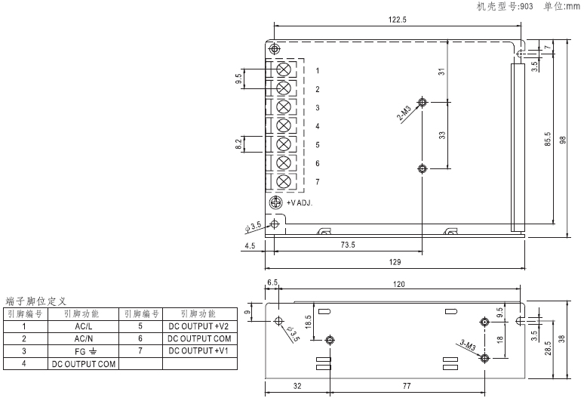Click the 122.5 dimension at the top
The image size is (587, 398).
pyautogui.click(x=397, y=20)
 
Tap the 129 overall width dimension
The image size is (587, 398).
pyautogui.click(x=395, y=262)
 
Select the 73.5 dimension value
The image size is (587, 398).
pyautogui.click(x=348, y=245)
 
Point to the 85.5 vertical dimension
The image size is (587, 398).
pyautogui.click(x=548, y=139)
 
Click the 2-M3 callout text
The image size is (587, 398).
pyautogui.click(x=404, y=113)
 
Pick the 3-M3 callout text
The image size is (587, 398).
pyautogui.click(x=468, y=345)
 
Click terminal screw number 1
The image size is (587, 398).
pyautogui.click(x=284, y=69)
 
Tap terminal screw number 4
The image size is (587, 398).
pyautogui.click(x=284, y=125)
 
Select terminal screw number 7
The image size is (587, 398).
pyautogui.click(x=284, y=181)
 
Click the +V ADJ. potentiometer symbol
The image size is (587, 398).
pyautogui.click(x=276, y=202)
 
